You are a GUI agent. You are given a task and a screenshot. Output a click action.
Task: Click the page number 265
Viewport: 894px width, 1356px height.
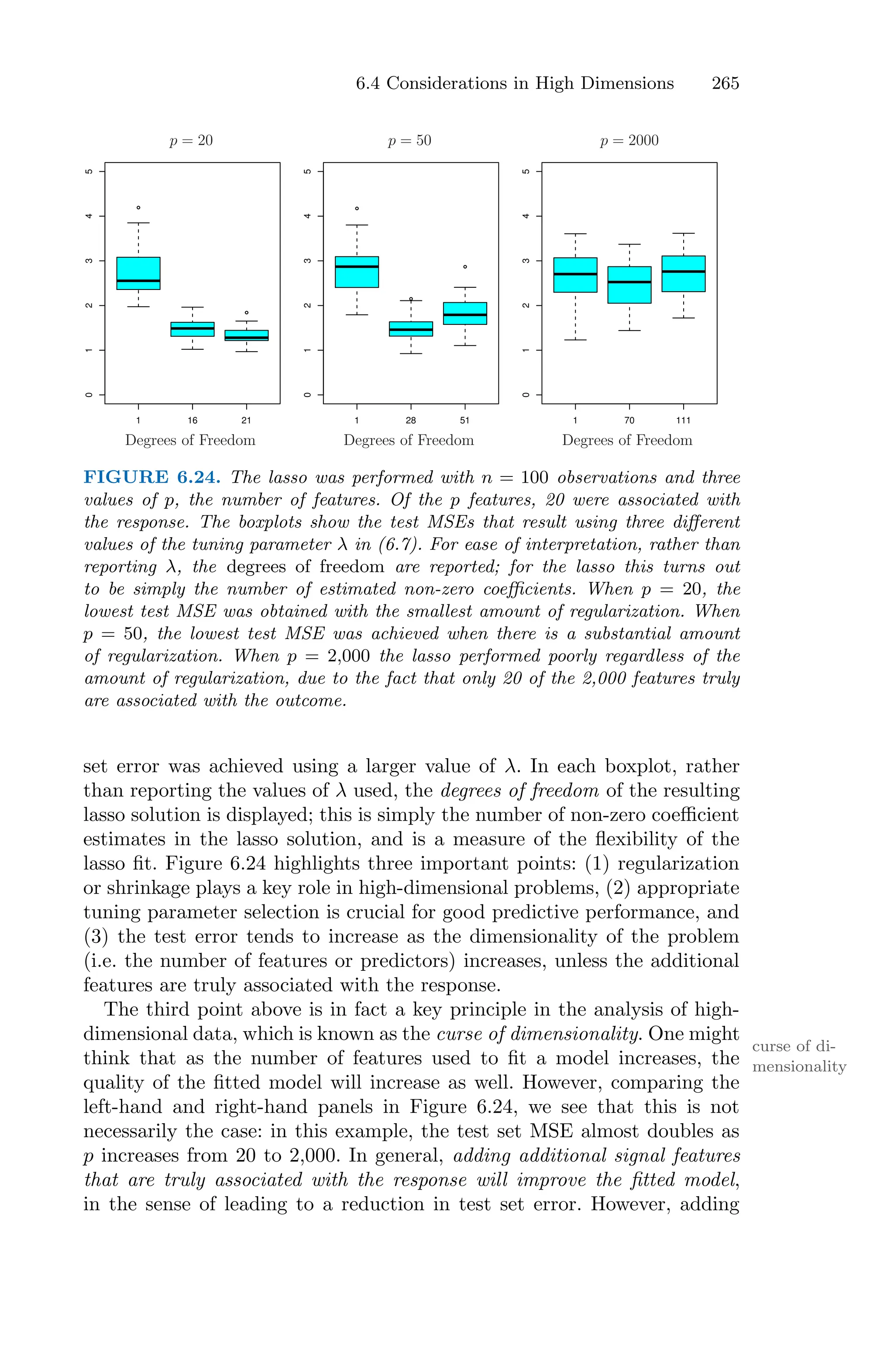(x=725, y=83)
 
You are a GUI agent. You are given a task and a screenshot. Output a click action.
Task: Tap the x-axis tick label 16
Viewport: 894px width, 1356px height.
(x=192, y=420)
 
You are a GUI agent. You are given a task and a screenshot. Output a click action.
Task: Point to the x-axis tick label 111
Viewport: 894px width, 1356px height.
(x=683, y=420)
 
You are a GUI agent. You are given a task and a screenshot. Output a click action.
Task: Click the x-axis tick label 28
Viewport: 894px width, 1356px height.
(x=410, y=420)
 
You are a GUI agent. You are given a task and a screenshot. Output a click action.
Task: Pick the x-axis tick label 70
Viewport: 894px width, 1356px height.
(x=629, y=420)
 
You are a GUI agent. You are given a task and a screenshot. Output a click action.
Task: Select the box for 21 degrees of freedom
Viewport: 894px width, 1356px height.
(x=246, y=335)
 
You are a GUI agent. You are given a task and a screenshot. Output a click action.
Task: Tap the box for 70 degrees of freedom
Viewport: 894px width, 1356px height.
(x=629, y=285)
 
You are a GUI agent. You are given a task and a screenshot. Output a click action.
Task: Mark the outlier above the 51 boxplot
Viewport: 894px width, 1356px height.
(x=465, y=267)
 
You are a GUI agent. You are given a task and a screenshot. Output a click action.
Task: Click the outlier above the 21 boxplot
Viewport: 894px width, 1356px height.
(x=246, y=313)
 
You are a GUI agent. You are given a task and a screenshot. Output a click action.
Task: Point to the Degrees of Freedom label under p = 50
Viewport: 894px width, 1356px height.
(x=408, y=440)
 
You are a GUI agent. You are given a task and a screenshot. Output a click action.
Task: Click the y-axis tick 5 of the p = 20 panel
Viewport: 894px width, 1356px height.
(x=88, y=171)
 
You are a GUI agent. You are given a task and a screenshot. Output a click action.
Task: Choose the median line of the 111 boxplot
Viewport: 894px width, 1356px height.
(x=683, y=272)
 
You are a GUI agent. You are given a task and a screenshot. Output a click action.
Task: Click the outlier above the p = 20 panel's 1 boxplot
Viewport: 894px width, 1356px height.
(x=138, y=207)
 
